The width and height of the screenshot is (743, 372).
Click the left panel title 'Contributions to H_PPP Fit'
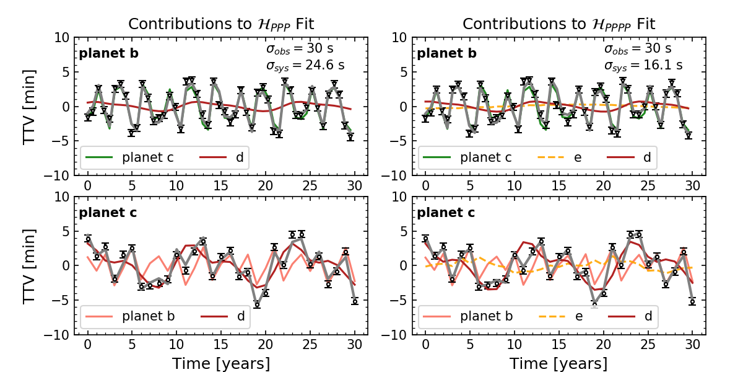click(x=221, y=24)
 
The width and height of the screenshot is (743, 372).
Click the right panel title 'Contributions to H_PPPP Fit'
click(x=559, y=24)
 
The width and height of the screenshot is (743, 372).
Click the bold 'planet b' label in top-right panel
click(x=446, y=53)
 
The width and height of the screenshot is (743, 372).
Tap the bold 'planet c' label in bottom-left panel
click(x=108, y=213)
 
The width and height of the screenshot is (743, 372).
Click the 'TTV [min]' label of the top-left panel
click(x=29, y=107)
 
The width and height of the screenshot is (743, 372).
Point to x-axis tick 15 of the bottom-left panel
click(x=221, y=344)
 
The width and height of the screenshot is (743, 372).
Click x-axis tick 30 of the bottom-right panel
click(x=692, y=344)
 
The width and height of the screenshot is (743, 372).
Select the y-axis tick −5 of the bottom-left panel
click(x=59, y=301)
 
